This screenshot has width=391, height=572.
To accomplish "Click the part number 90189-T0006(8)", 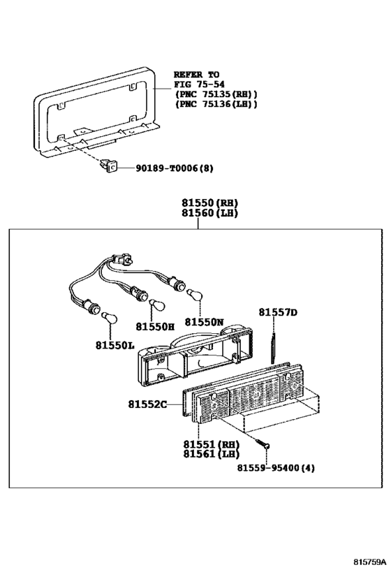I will (x=165, y=168).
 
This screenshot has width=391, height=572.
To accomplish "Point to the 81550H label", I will (x=155, y=327).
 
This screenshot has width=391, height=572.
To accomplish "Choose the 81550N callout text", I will (x=204, y=322).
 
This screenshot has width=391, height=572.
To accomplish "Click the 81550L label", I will (x=115, y=345).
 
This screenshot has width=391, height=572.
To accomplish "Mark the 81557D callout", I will (x=278, y=312).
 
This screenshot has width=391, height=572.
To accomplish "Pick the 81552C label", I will (x=147, y=404).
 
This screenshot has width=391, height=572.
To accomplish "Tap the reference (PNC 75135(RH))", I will (x=215, y=94).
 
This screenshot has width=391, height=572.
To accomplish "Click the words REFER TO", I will (x=196, y=74).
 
